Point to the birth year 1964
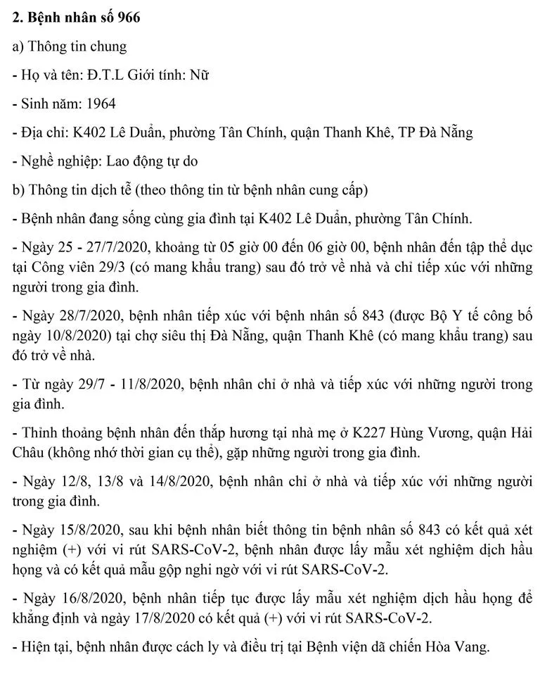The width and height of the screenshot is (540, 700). pos(101,104)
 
